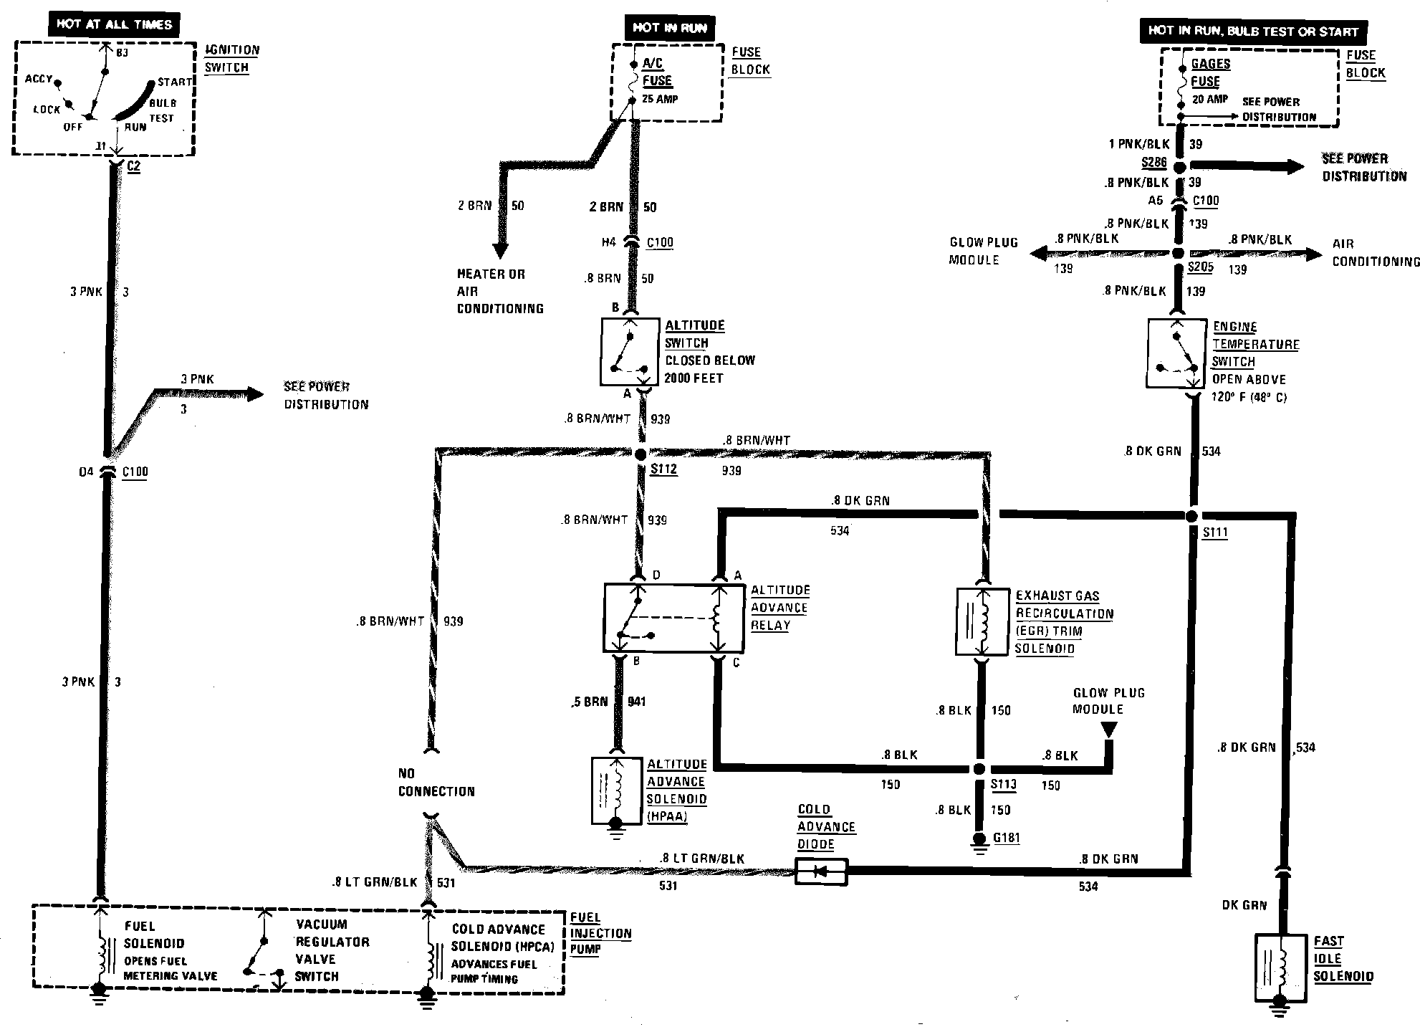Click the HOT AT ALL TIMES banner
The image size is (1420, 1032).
(115, 24)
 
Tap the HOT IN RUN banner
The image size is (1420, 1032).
(670, 28)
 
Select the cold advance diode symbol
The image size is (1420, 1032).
(821, 872)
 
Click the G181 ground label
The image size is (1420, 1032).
(1006, 838)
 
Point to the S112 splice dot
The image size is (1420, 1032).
(641, 454)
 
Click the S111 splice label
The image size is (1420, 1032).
(1215, 532)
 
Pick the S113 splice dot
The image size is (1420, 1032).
(979, 769)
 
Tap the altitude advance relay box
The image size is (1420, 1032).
(673, 618)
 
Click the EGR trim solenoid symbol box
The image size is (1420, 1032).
(982, 621)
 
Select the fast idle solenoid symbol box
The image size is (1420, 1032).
(1282, 967)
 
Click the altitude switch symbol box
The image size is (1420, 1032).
(630, 352)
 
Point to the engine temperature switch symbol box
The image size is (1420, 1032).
(1176, 353)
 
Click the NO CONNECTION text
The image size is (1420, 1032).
(436, 783)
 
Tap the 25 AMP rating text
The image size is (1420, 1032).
(660, 99)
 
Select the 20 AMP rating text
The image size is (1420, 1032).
(1210, 100)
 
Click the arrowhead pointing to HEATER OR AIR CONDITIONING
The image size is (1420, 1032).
(500, 250)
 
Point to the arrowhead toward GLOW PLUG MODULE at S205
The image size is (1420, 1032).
(1037, 253)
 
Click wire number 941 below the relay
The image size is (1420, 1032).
(636, 702)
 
